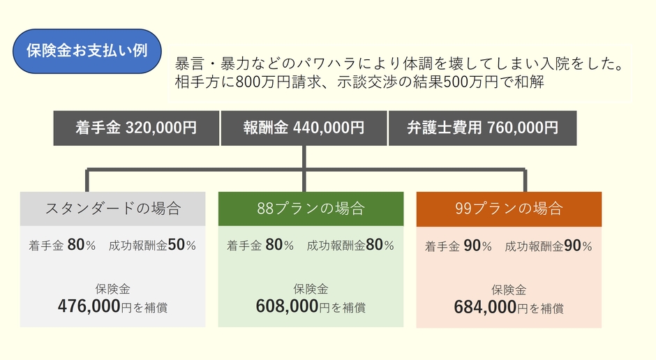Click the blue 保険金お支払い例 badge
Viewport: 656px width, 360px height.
coord(87,51)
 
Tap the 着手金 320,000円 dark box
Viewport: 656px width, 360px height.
coord(136,128)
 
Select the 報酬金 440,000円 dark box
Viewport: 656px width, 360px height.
coord(304,128)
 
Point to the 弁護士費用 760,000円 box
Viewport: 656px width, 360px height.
coord(482,128)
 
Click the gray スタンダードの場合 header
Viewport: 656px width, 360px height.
coord(112,209)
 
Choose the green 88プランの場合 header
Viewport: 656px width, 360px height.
coord(311,209)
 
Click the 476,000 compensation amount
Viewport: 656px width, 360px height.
coord(89,306)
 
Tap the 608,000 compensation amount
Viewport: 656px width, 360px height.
coord(287,306)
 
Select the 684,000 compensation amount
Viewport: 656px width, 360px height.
coord(485,307)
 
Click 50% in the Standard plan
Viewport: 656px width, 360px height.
coord(182,245)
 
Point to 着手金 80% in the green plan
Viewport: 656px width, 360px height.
coord(260,245)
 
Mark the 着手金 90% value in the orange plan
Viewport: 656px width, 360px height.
coord(458,246)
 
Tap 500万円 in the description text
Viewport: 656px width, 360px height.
coord(470,82)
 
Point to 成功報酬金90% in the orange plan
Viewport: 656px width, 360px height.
coord(549,246)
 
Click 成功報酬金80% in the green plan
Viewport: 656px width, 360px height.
coord(350,245)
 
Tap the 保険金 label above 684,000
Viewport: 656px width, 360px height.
coord(509,290)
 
